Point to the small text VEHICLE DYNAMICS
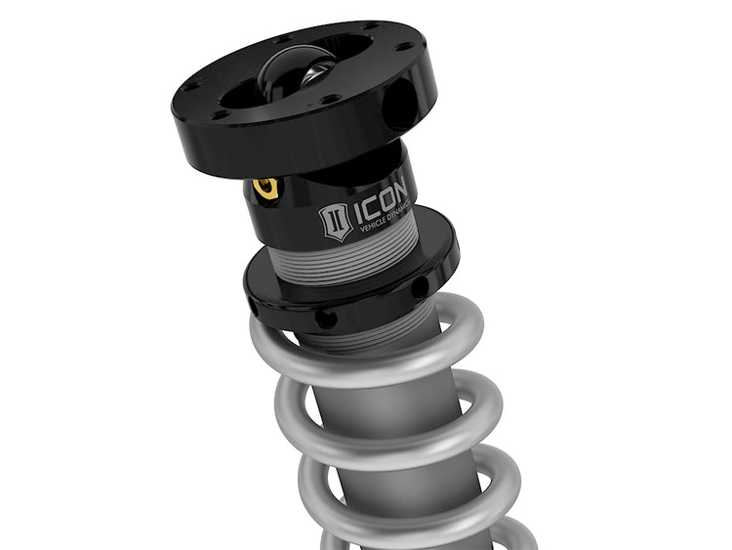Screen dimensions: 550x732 (x=388, y=226)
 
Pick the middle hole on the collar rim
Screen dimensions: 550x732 (x=326, y=318)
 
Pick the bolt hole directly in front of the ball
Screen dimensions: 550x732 (x=330, y=100)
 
